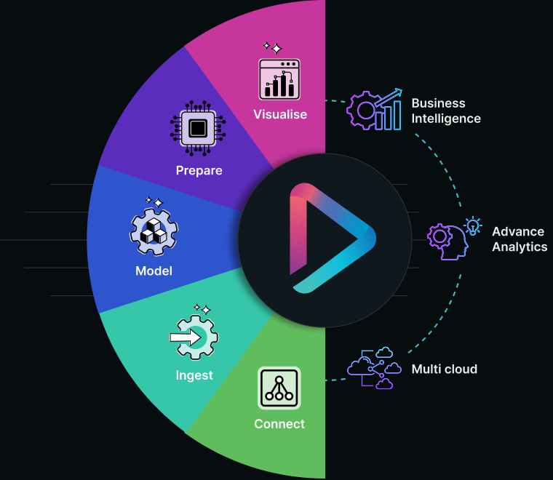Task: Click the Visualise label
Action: (280, 114)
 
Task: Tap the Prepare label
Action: (199, 171)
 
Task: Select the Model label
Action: (154, 271)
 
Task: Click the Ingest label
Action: (194, 375)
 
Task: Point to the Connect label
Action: (279, 424)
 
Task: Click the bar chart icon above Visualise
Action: (280, 79)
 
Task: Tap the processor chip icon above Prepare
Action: (197, 128)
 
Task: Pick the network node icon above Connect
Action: (279, 388)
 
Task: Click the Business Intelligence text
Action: (446, 111)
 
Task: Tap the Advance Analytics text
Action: (519, 239)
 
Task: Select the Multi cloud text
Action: (444, 369)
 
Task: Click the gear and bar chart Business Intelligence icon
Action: (374, 110)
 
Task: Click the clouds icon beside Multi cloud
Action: (374, 369)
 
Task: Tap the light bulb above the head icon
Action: (474, 225)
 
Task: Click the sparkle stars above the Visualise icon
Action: (271, 48)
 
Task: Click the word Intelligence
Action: (446, 118)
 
